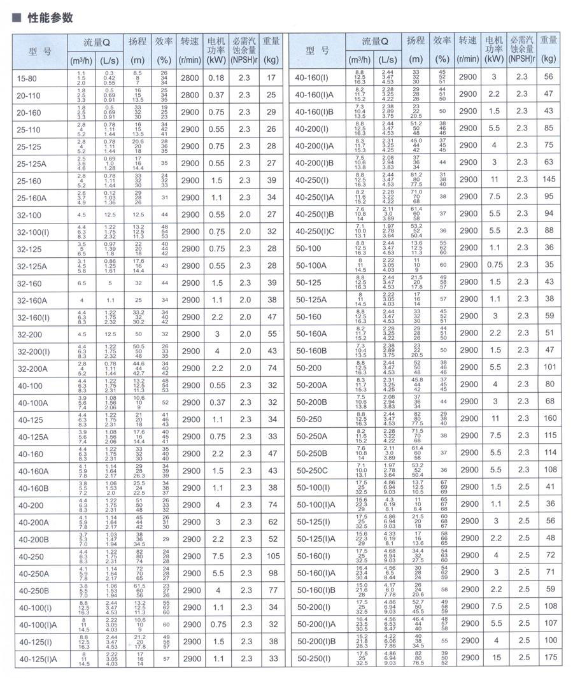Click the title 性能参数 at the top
coord(50,18)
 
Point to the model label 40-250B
coord(31,590)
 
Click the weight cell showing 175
coord(550,658)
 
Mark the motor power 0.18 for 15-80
coord(216,78)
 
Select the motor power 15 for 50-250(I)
coord(494,658)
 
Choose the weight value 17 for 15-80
coord(272,78)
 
